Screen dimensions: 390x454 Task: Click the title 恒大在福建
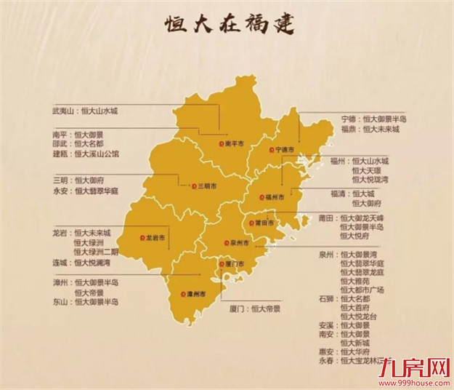(x=227, y=24)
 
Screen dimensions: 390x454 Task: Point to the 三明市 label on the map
(x=207, y=186)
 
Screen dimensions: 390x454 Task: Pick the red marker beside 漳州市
(x=182, y=294)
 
